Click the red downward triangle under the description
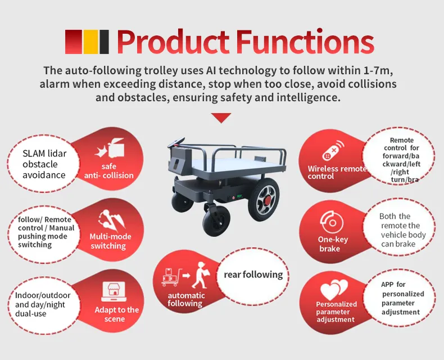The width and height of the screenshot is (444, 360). pos(221,118)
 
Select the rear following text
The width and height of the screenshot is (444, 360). pos(253,274)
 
